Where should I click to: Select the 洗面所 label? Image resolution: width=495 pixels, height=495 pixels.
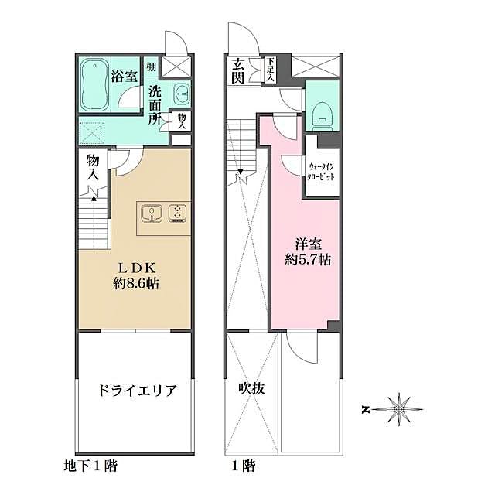point(155,104)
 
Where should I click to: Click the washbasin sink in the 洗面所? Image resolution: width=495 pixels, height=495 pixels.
point(181,94)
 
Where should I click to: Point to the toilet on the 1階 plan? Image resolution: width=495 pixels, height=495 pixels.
point(321,115)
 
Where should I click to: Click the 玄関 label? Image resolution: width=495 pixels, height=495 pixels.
point(237,70)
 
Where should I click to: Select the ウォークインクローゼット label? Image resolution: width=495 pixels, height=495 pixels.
point(321,171)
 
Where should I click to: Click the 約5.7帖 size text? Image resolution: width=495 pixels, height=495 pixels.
point(308,261)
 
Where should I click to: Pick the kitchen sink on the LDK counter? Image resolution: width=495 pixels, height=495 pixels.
point(152,212)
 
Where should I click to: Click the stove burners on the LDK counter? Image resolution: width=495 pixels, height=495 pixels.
point(178,212)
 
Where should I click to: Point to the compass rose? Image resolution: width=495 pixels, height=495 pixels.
point(401,408)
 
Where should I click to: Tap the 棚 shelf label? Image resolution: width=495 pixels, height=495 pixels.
point(151,67)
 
